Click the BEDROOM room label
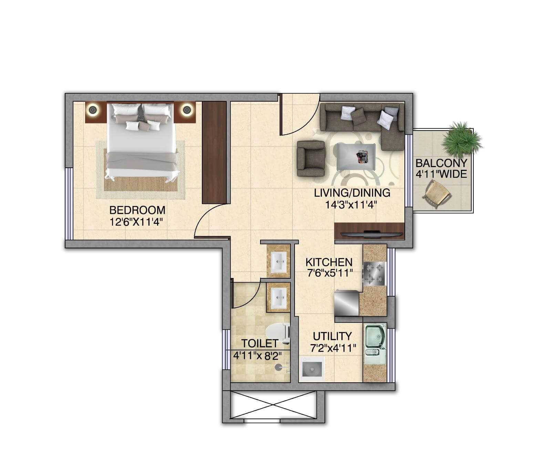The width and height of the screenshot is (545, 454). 137,210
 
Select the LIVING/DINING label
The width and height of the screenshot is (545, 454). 352,193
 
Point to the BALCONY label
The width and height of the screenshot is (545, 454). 441,163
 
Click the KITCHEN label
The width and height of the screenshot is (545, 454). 329,262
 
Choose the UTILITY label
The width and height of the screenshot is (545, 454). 332,336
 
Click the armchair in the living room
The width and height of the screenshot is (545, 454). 311,158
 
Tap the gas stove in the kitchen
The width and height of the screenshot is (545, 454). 374,274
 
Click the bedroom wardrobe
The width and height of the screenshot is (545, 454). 214,152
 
